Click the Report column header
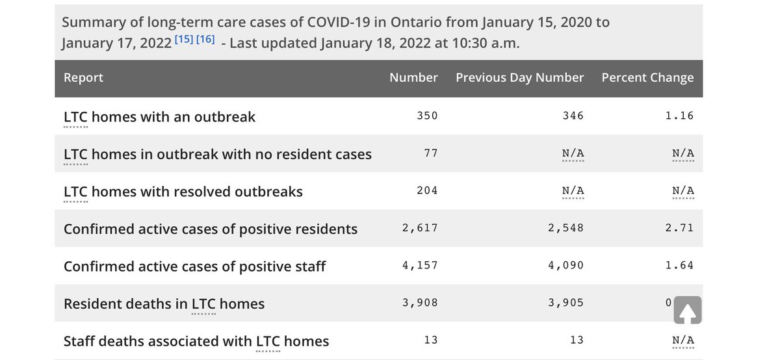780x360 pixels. coord(83,77)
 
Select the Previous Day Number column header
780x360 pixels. coord(519,77)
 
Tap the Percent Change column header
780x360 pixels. coord(647,77)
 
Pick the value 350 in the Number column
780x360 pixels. coord(427,116)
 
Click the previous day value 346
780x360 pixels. coord(573,116)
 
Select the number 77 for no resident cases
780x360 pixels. coord(431,153)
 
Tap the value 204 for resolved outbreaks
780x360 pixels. coord(427,190)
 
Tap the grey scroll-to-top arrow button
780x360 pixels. coord(687,310)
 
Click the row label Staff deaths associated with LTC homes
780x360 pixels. coord(196,341)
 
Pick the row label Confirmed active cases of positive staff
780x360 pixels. coord(194,266)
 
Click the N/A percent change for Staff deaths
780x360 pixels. coord(683,341)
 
